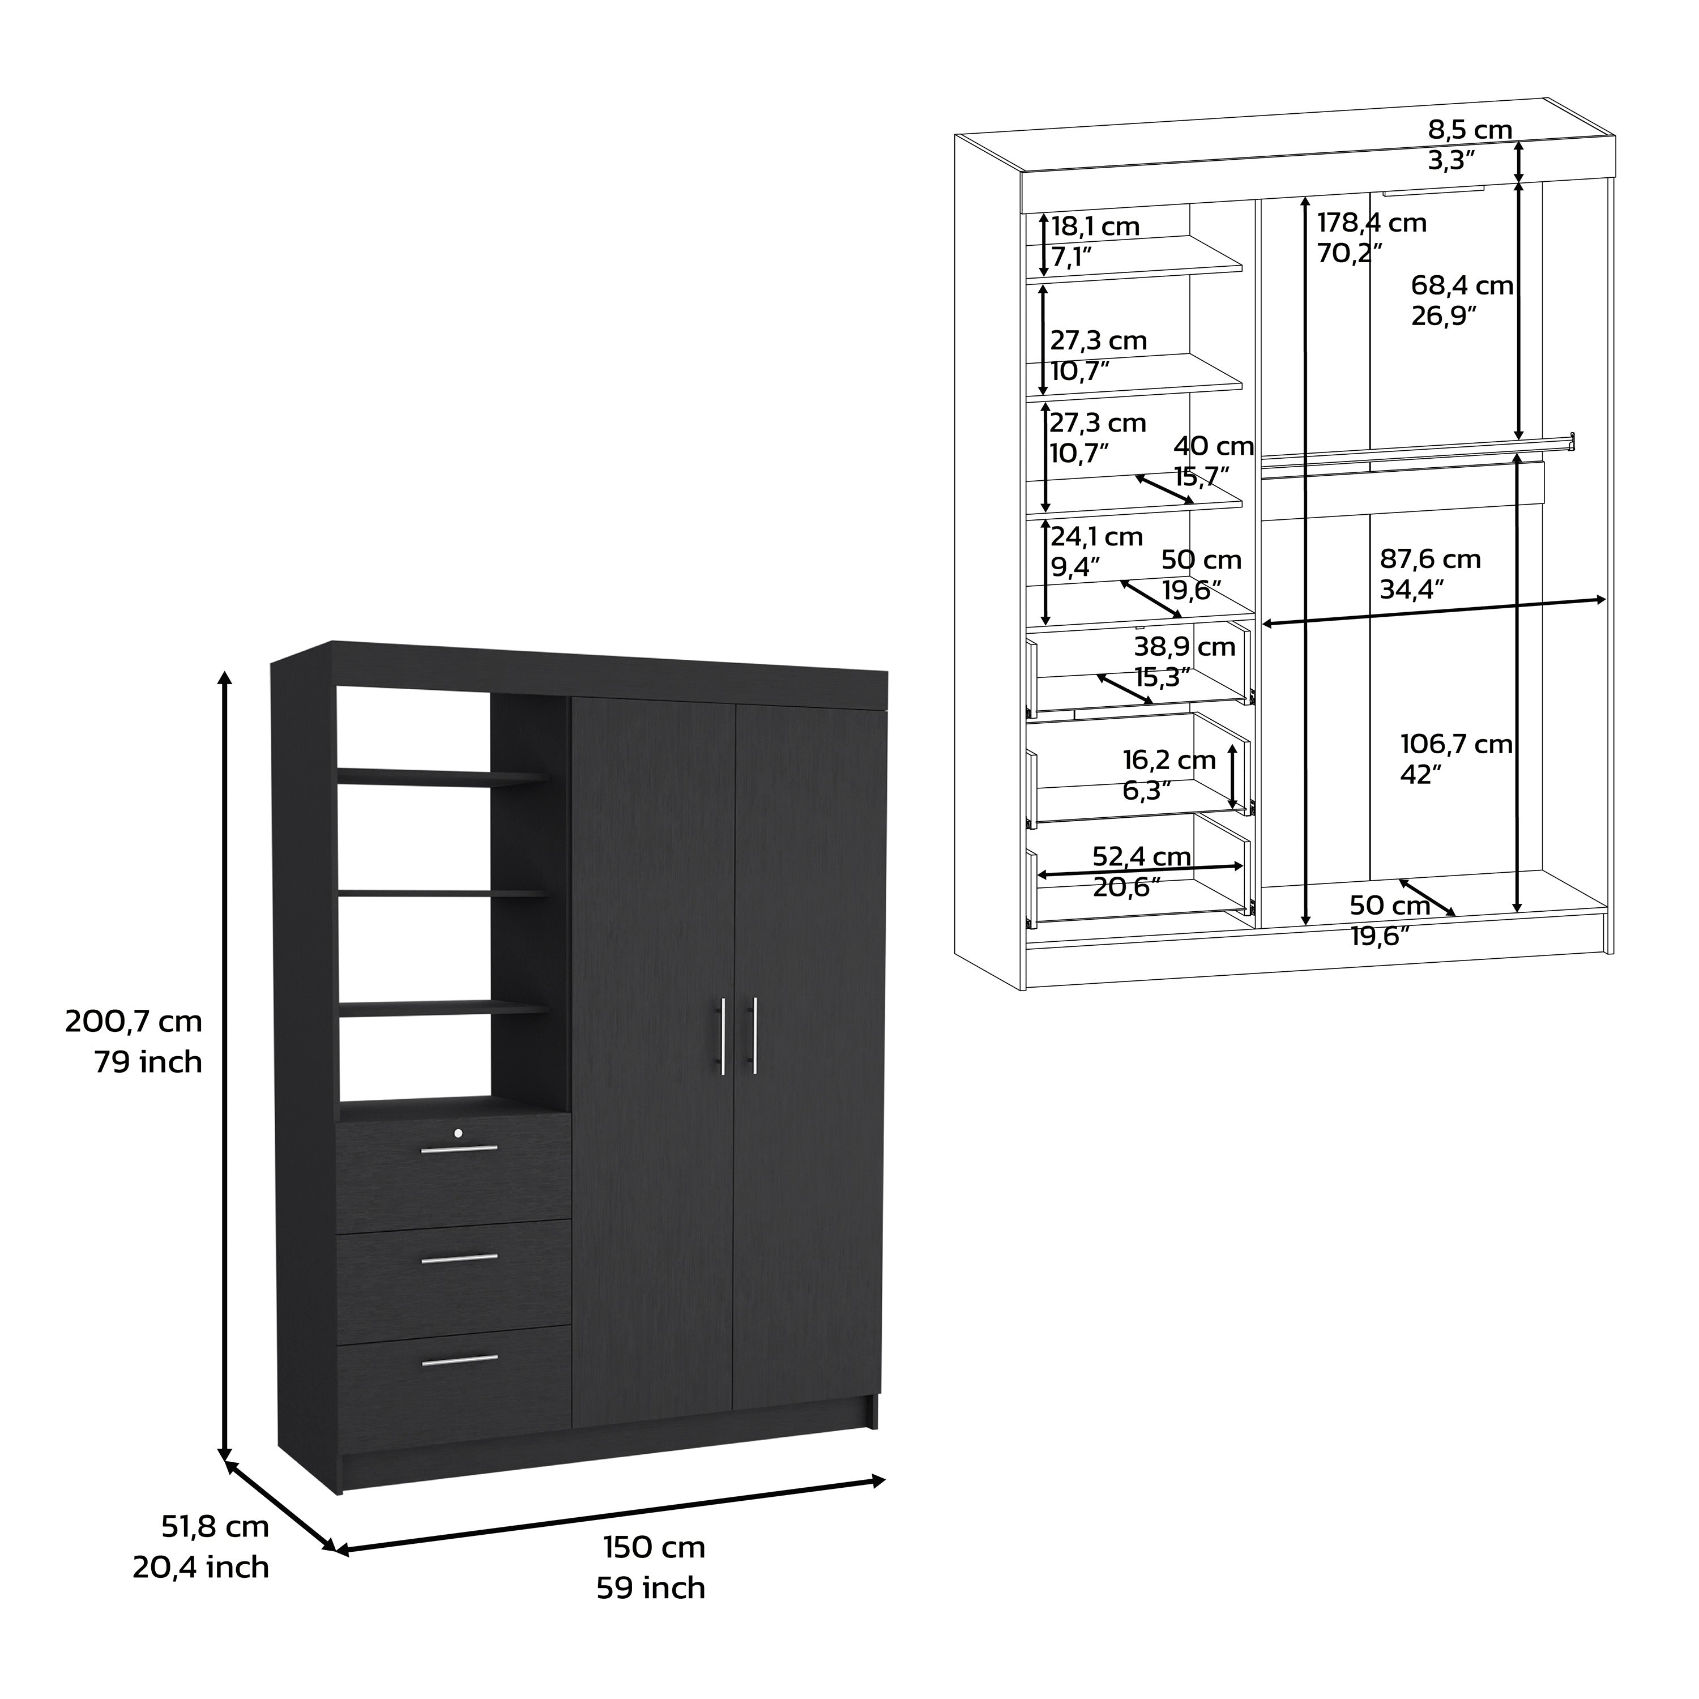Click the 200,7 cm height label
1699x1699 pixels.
click(x=134, y=1022)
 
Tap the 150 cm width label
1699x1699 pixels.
click(x=654, y=1547)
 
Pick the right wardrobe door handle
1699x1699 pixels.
click(x=753, y=1036)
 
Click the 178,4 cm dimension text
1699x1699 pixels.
click(x=1372, y=223)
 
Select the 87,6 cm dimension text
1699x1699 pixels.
click(x=1430, y=560)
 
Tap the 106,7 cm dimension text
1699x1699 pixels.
click(x=1456, y=744)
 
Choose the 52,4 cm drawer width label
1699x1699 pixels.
click(x=1142, y=856)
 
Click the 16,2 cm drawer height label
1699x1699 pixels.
click(x=1169, y=760)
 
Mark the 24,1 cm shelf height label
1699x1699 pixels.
click(x=1096, y=536)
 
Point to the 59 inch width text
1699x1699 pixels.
click(x=651, y=1588)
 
